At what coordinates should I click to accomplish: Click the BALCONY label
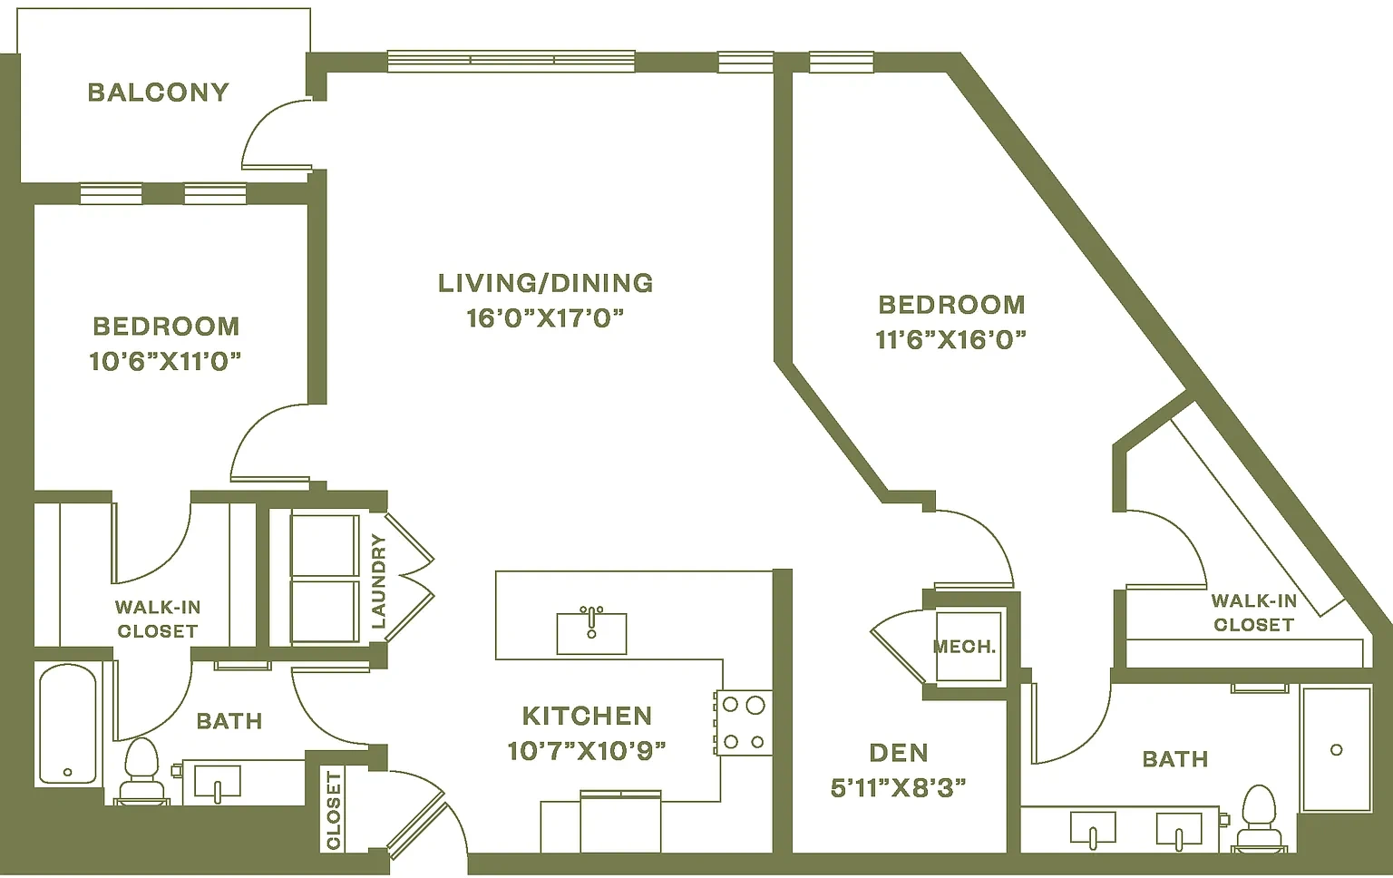pyautogui.click(x=158, y=93)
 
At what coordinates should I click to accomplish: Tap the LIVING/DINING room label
pyautogui.click(x=545, y=283)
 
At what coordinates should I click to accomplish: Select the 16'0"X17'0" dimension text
pyautogui.click(x=545, y=318)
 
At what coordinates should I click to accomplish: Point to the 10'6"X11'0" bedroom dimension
pyautogui.click(x=165, y=361)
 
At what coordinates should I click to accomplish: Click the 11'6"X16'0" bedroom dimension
pyautogui.click(x=950, y=340)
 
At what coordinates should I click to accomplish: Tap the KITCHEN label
pyautogui.click(x=587, y=717)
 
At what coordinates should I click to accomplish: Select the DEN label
pyautogui.click(x=899, y=753)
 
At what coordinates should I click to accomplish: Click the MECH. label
pyautogui.click(x=965, y=647)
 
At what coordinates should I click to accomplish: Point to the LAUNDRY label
pyautogui.click(x=378, y=581)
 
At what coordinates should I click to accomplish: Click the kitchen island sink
pyautogui.click(x=591, y=633)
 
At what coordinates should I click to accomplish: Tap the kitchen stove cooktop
pyautogui.click(x=743, y=723)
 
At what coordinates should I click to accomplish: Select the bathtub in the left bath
pyautogui.click(x=68, y=725)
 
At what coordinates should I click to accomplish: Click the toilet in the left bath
pyautogui.click(x=141, y=771)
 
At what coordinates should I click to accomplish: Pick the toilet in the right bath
pyautogui.click(x=1260, y=819)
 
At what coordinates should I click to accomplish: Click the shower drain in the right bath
pyautogui.click(x=1337, y=750)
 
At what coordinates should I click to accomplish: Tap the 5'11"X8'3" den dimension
pyautogui.click(x=899, y=788)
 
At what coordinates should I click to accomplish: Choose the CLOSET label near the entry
pyautogui.click(x=334, y=810)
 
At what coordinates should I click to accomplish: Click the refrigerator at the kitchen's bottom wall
pyautogui.click(x=620, y=822)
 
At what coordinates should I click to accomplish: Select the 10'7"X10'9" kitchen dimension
pyautogui.click(x=587, y=751)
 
